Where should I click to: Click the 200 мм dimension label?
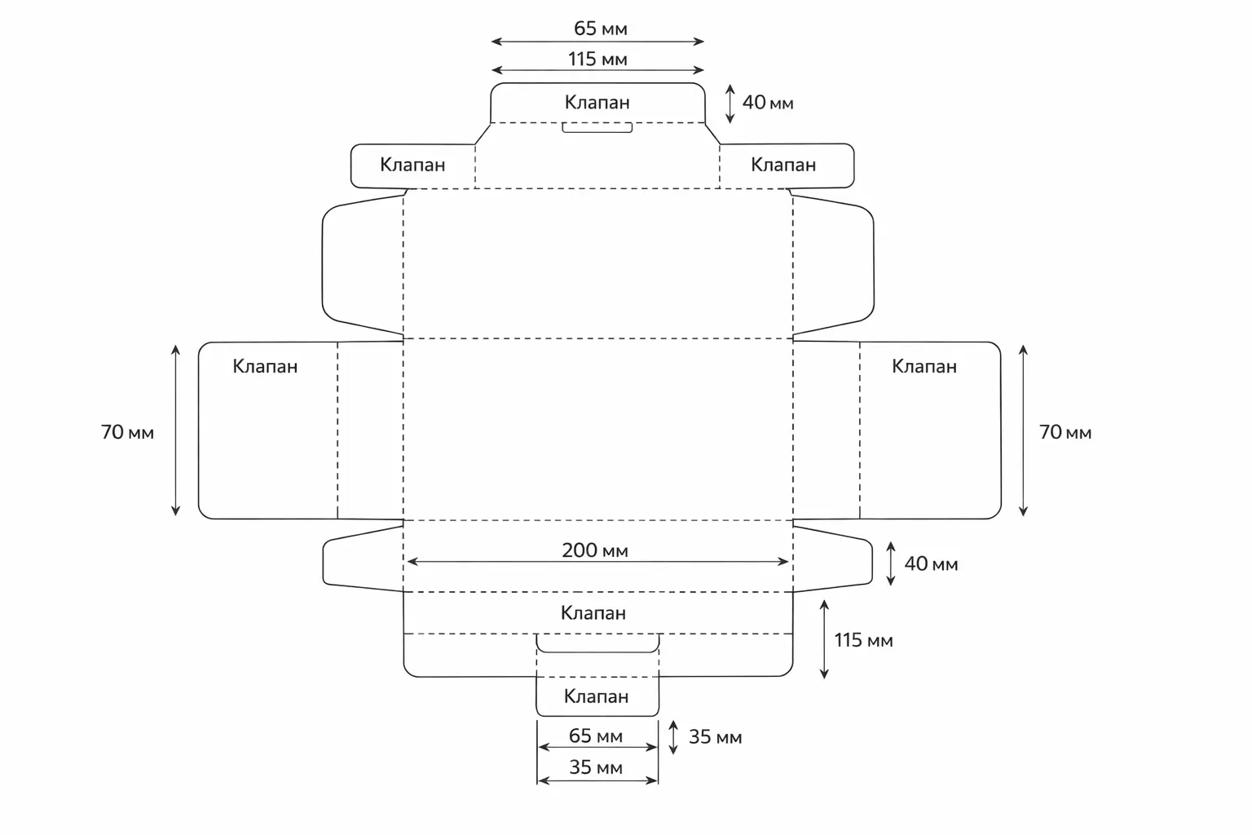595,550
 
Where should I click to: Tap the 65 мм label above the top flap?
601,29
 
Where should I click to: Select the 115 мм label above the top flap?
597,59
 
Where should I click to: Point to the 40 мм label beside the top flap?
767,103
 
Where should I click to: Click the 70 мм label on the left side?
127,432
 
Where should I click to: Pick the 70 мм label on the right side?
1065,432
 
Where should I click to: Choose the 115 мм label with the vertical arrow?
863,640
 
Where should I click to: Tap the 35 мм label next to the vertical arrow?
715,737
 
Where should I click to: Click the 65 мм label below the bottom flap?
596,736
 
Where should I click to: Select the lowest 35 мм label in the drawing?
596,767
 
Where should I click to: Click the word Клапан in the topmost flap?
597,103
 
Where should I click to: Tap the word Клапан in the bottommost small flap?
597,696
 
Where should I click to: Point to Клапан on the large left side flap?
265,366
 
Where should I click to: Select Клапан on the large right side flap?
924,366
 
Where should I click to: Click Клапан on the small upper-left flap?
412,165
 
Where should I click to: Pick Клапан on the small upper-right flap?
783,165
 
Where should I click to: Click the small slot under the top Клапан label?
597,128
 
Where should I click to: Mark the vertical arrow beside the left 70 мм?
175,431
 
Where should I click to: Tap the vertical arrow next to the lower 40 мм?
891,563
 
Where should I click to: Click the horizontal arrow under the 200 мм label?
597,562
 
